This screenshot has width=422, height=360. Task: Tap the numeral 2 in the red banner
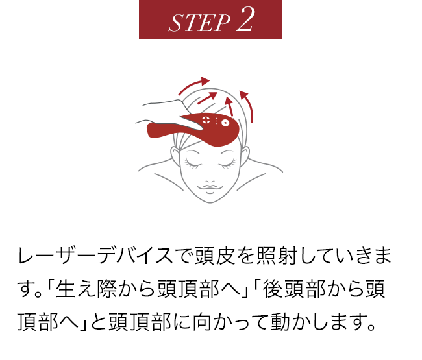[x=245, y=20]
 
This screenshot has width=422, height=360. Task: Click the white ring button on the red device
[x=225, y=123]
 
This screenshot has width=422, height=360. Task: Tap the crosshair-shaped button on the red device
[x=206, y=120]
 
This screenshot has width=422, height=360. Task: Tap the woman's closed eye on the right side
[x=229, y=160]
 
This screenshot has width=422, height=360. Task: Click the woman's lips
[x=210, y=188]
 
